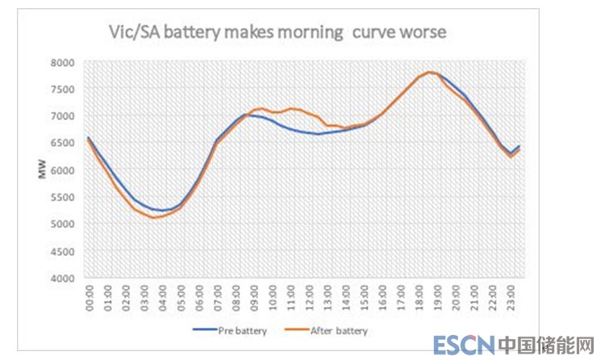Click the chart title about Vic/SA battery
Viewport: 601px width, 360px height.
(278, 33)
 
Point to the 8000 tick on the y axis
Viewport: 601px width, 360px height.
(62, 62)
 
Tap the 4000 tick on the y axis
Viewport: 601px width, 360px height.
(62, 278)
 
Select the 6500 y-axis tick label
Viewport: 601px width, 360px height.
(62, 143)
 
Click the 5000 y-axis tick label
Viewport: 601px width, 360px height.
(62, 224)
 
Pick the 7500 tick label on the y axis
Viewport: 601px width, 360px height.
(62, 89)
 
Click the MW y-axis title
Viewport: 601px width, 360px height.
(41, 170)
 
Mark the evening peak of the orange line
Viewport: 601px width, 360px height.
(430, 73)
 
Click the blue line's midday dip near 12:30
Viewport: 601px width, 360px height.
(319, 133)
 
